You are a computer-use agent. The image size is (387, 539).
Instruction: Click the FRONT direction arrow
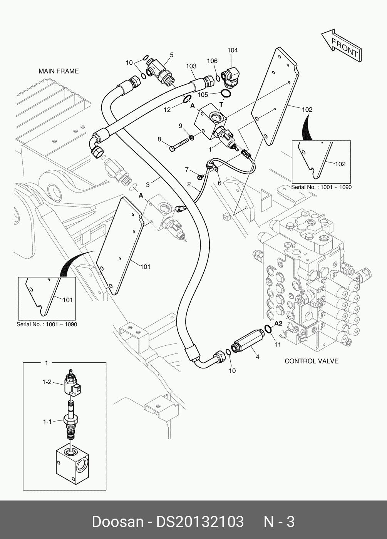[x=341, y=45]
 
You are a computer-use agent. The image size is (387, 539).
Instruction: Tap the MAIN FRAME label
[x=59, y=71]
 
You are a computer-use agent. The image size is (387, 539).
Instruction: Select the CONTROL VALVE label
[x=312, y=361]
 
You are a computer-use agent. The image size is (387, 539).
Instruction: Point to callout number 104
[x=233, y=50]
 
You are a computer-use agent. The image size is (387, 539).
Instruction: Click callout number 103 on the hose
[x=191, y=66]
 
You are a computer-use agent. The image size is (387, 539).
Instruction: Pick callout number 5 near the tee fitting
[x=171, y=55]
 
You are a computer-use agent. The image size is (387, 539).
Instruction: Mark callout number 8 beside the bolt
[x=159, y=139]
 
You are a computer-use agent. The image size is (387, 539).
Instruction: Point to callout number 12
[x=167, y=110]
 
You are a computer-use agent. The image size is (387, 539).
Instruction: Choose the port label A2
[x=278, y=323]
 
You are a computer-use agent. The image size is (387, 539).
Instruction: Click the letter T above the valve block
[x=221, y=104]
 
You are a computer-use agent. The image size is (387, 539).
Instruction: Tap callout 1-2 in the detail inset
[x=47, y=382]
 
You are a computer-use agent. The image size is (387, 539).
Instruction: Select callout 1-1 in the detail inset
[x=47, y=422]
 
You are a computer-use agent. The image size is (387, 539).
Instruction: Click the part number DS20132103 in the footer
[x=199, y=522]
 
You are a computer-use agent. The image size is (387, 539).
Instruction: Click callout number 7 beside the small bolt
[x=187, y=169]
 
